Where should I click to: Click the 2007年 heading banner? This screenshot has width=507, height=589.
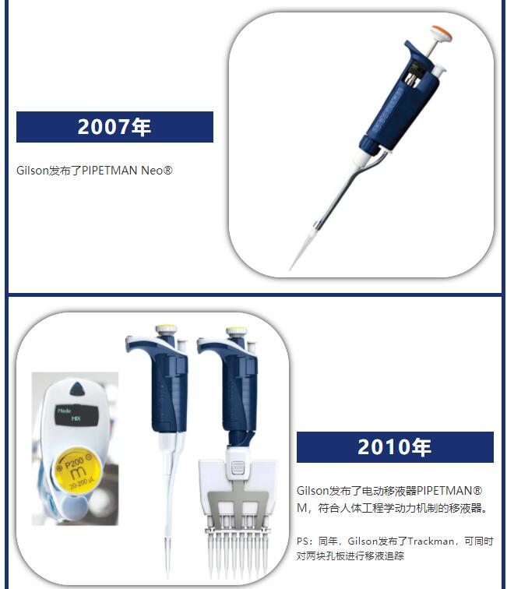tap(114, 127)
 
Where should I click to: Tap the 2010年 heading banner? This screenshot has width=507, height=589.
tap(395, 447)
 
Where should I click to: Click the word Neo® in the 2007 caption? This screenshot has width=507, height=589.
tap(157, 171)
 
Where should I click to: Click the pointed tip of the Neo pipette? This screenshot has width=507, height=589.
tap(290, 269)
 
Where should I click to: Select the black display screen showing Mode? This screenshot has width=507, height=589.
tap(77, 415)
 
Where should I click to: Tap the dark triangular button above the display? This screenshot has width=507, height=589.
tap(78, 389)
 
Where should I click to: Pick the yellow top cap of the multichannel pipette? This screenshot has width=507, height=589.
tap(236, 329)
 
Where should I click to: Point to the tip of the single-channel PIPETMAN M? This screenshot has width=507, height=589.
tap(167, 574)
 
